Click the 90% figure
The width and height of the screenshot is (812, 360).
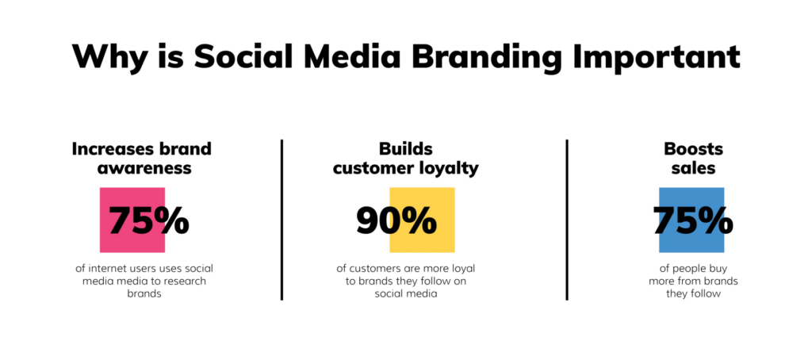point(396,221)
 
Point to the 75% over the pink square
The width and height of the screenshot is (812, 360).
point(148,221)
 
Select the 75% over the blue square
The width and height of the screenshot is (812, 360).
point(693,221)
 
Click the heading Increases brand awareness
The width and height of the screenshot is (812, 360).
point(142,158)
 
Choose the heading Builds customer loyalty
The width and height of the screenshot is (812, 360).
point(406,158)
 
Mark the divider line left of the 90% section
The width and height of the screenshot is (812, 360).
point(282,220)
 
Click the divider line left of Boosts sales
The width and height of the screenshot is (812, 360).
point(567,220)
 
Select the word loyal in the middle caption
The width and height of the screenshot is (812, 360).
point(459,268)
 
